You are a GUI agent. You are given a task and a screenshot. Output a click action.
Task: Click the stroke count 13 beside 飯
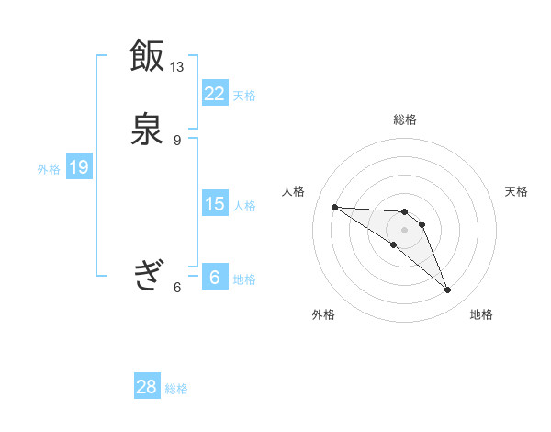(177, 66)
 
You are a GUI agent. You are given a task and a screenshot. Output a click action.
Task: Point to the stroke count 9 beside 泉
(177, 140)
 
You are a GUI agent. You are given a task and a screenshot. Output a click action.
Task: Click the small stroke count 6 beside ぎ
(177, 287)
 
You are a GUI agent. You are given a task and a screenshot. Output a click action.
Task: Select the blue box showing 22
(214, 94)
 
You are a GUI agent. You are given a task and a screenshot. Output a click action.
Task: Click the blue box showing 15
(214, 204)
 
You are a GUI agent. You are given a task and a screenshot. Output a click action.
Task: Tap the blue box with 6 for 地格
(214, 278)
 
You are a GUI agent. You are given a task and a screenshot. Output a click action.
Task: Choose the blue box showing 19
(79, 167)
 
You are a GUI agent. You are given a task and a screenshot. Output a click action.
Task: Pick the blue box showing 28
(147, 387)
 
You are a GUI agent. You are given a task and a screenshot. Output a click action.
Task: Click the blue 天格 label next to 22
(244, 95)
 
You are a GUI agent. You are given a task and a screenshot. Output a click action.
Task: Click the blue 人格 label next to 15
(244, 205)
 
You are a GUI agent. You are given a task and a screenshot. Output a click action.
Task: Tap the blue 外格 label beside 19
(49, 168)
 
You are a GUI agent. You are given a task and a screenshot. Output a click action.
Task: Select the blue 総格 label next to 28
(176, 389)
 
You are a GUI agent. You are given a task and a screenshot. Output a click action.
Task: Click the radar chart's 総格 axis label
(405, 119)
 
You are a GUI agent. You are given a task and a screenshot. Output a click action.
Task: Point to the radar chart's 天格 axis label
(517, 191)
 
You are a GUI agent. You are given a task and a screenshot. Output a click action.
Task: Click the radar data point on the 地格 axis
(448, 290)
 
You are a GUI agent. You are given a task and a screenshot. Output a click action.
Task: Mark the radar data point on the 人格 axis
(334, 207)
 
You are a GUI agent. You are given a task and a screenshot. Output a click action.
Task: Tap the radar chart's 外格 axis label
(323, 314)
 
